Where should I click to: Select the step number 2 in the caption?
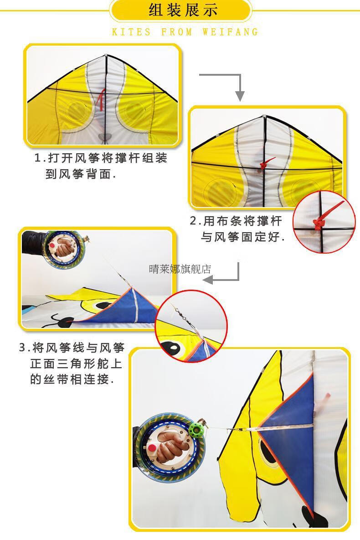click(193, 221)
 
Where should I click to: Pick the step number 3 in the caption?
click(23, 348)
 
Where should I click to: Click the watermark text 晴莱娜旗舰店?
click(180, 269)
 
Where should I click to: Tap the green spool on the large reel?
click(196, 429)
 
